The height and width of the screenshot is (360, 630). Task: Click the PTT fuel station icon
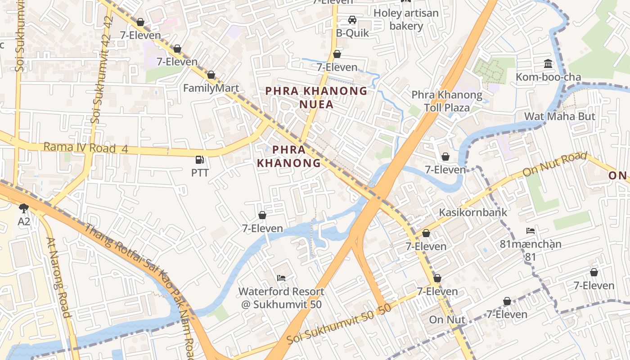(x=200, y=160)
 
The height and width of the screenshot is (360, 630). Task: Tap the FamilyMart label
(x=211, y=88)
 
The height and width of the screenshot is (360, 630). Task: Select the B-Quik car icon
(x=352, y=20)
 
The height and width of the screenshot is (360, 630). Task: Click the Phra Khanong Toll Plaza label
(x=447, y=101)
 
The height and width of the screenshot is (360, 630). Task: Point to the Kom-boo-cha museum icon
(x=548, y=63)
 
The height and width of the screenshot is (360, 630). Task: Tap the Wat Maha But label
(x=559, y=117)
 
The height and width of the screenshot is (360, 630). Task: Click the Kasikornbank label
(x=472, y=212)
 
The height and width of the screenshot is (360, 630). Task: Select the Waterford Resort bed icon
(x=281, y=278)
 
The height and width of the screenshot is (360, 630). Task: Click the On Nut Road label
(x=554, y=165)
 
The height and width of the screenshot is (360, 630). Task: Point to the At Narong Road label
(x=59, y=277)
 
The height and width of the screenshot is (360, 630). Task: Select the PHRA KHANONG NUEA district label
(x=316, y=98)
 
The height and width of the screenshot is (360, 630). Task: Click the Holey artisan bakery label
(x=406, y=19)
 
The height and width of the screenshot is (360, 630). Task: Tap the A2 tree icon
(x=24, y=207)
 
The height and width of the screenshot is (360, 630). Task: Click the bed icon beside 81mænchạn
(x=531, y=231)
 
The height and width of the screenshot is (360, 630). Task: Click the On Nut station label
(x=447, y=320)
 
